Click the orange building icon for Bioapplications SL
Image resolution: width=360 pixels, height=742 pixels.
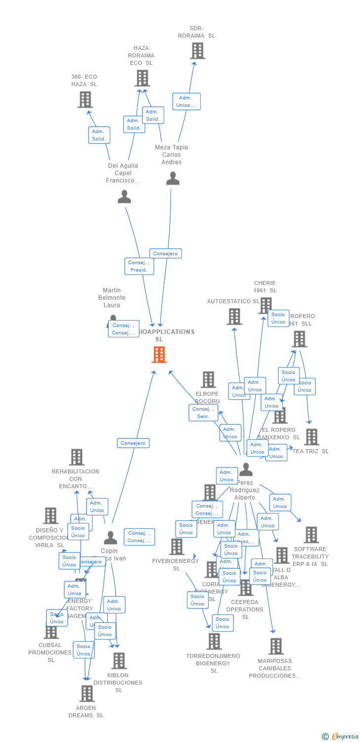pos(159,355)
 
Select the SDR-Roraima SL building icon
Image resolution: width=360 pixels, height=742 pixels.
pos(197,51)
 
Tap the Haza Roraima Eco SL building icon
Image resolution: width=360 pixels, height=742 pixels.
pos(142,78)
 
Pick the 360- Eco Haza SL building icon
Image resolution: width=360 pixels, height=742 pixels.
pos(85,99)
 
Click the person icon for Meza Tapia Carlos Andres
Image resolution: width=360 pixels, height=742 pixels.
pos(173,179)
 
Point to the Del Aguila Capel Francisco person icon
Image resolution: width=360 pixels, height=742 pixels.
pos(124,197)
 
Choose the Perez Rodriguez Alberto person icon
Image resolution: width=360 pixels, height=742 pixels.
pos(246,469)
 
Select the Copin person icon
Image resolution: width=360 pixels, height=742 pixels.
pos(110,538)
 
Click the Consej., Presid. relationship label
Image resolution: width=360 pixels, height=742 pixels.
pos(139,266)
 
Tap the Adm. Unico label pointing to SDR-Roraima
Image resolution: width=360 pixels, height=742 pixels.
pos(186,101)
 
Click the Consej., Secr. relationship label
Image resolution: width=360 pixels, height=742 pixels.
pos(203,413)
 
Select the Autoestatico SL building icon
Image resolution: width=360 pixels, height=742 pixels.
pos(234,317)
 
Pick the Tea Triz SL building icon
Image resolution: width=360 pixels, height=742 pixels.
pos(312,437)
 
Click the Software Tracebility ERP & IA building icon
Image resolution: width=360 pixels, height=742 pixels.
pos(311,535)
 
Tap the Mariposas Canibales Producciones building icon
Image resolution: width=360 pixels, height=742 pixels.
pos(276,646)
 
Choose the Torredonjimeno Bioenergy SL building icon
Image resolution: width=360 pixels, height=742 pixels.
pos(214,641)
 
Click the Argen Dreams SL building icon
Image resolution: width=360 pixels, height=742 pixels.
pos(87,694)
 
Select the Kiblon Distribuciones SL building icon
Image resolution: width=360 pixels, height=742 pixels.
pos(119,660)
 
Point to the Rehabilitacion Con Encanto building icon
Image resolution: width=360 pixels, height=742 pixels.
pos(77,457)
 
